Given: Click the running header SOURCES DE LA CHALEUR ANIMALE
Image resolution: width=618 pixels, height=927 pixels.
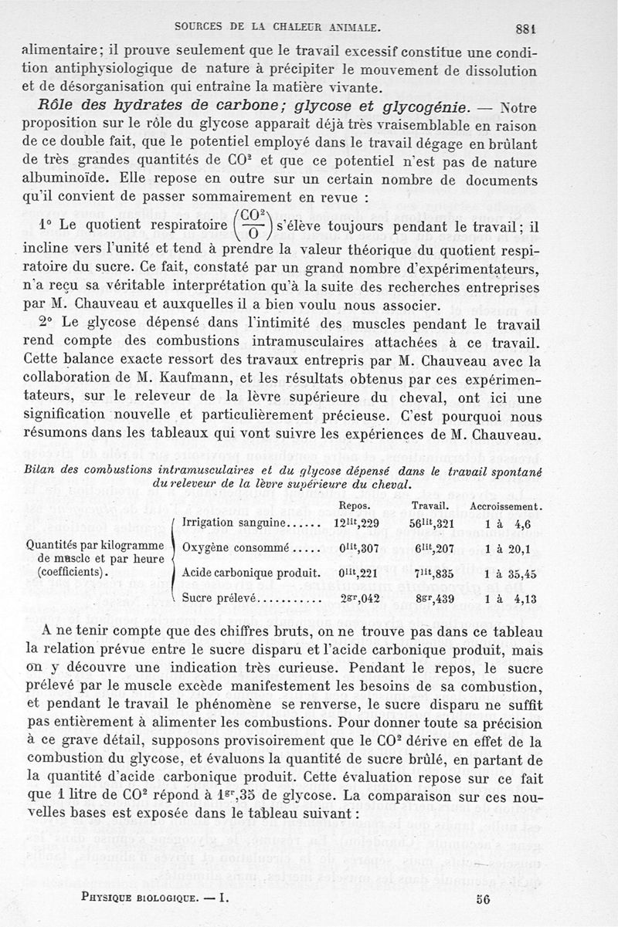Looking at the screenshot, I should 277,29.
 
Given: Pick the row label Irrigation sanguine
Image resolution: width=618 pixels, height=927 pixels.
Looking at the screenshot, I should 234,523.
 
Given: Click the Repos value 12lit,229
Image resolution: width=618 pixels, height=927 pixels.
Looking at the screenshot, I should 355,523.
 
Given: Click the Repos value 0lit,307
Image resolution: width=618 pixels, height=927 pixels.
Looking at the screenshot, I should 355,549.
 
